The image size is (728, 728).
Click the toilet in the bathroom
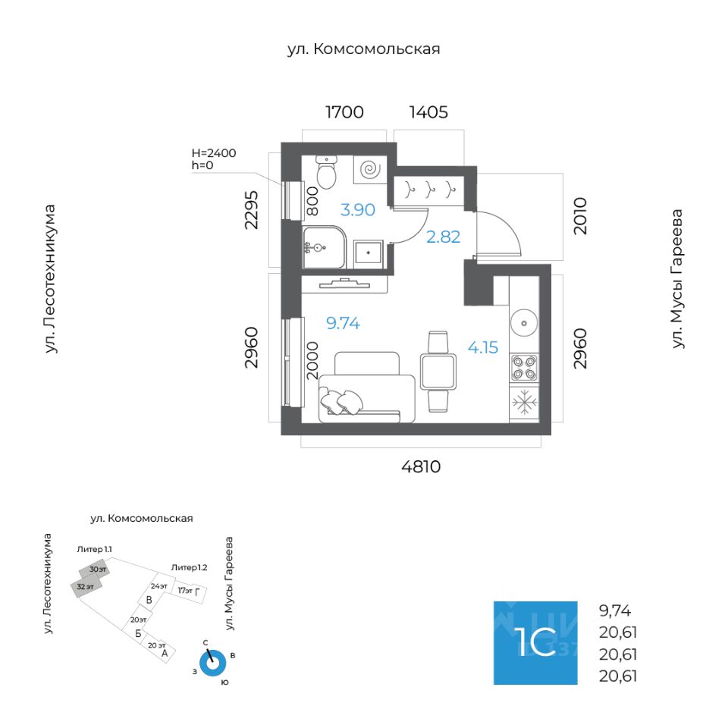pos(326,174)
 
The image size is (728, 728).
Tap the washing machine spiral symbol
pos(370,169)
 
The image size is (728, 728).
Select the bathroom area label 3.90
pos(357,210)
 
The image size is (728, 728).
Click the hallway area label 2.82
pos(444,237)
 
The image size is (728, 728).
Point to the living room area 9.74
pos(343,324)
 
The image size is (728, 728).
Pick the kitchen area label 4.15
pos(483,348)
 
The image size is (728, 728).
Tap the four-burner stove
pos(523,366)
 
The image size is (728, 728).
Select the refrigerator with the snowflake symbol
pos(523,402)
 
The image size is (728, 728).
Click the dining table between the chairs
pos(438,372)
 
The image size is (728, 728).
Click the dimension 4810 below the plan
pos(421,467)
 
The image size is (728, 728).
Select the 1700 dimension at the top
pos(344,113)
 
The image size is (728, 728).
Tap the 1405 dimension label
pos(428,113)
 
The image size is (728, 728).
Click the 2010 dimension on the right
pos(580,216)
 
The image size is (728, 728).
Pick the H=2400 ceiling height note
pos(214,152)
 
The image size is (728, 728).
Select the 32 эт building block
pos(85,586)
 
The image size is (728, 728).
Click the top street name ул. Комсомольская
pos(364,49)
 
